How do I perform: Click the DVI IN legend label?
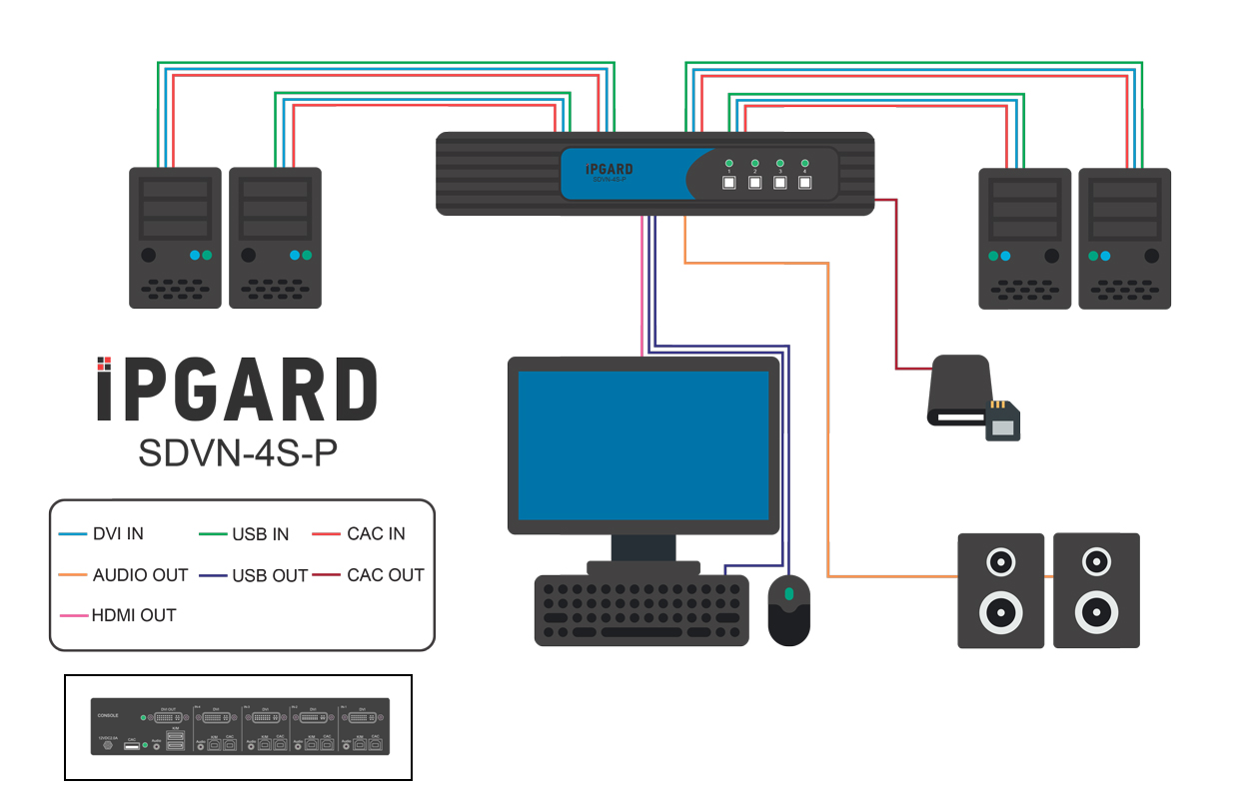tap(118, 534)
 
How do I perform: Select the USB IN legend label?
tap(260, 534)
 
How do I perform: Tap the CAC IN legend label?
tap(376, 534)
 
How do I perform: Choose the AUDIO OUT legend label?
tap(140, 575)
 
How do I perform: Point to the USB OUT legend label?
tap(270, 575)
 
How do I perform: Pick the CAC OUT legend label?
tap(386, 575)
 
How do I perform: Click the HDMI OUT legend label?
tap(134, 616)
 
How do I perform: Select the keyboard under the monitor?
tap(641, 609)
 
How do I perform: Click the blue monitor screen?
tap(642, 444)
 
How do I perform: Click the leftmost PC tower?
tap(175, 238)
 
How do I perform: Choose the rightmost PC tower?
tap(1124, 238)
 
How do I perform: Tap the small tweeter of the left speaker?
tap(1000, 563)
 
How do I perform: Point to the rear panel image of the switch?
tap(240, 726)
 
